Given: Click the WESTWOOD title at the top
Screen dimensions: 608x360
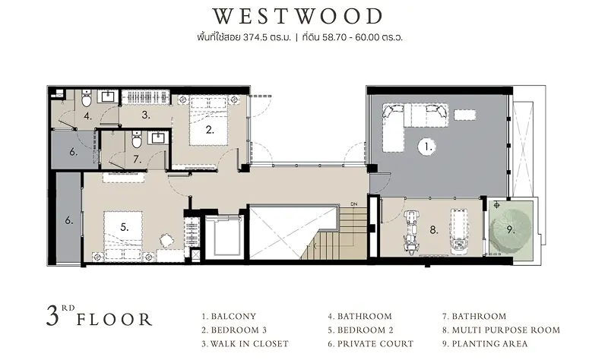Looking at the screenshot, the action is tap(298, 16).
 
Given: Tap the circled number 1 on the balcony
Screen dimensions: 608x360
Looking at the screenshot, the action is tap(427, 147).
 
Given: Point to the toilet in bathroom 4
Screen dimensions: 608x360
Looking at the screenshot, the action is tap(86, 99).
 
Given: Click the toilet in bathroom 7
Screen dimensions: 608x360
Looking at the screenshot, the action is tap(137, 140).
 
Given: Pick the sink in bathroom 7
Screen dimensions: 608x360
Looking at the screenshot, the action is tap(159, 138).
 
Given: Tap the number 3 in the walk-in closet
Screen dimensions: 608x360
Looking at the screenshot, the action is tap(146, 115).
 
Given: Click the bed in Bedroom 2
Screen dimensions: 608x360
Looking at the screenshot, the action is tap(123, 235).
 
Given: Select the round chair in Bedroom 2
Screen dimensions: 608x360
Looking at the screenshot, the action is tap(166, 240).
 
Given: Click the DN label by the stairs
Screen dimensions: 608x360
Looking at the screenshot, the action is tap(353, 204).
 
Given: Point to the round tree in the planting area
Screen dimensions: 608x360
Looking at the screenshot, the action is tap(508, 230).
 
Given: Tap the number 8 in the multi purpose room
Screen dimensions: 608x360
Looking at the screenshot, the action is tap(434, 230).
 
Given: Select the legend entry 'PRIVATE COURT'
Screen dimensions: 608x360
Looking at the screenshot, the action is tap(371, 344).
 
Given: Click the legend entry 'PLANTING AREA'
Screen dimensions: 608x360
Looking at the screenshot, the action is tap(485, 344).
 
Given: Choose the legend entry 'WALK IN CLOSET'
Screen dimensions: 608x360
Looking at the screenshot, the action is tap(245, 344).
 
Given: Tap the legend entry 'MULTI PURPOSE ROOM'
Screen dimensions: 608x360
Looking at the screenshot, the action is tap(502, 330).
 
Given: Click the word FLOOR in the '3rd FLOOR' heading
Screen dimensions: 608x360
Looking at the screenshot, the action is tap(114, 320).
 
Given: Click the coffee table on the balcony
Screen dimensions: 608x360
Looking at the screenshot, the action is tap(465, 115).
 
